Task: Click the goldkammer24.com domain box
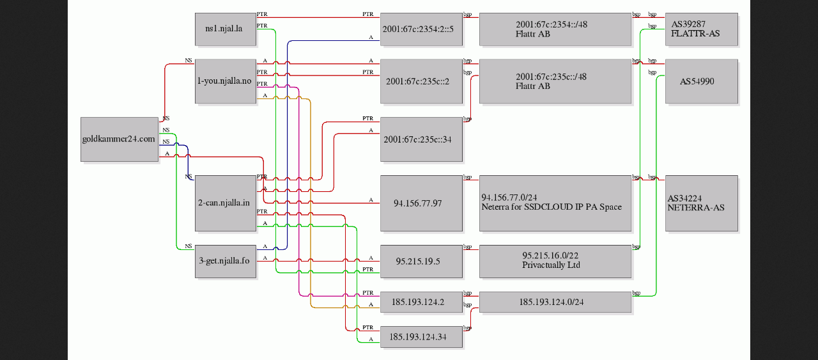(x=120, y=139)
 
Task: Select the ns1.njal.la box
(x=225, y=29)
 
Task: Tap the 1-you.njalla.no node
(x=225, y=81)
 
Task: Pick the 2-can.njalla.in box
(x=225, y=203)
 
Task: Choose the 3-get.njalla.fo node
(x=225, y=261)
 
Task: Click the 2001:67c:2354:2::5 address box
(x=421, y=29)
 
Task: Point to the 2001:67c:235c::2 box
(x=421, y=81)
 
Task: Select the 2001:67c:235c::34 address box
(x=421, y=139)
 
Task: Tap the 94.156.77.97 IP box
(x=421, y=203)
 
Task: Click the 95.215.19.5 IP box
(x=421, y=261)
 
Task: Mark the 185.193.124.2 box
(x=421, y=302)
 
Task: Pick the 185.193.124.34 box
(x=421, y=336)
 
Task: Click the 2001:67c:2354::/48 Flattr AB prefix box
(x=555, y=29)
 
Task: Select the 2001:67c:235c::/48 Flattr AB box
(x=555, y=81)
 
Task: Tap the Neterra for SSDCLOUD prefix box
(x=555, y=203)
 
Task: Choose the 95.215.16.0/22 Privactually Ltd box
(x=555, y=261)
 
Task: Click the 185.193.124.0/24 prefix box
(x=555, y=302)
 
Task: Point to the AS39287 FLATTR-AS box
(x=701, y=29)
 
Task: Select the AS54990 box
(x=701, y=81)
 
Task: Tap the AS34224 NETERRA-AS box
(x=701, y=203)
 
